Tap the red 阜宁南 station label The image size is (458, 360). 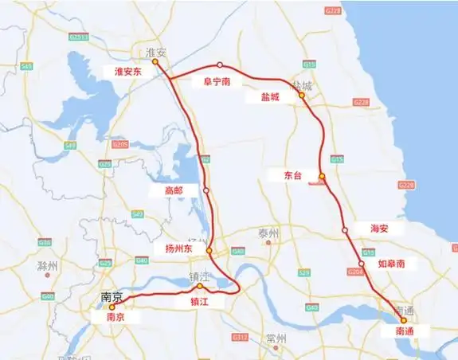click(x=217, y=80)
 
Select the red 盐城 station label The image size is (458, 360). click(x=271, y=96)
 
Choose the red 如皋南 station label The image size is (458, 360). click(x=391, y=262)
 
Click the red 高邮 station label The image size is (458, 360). click(x=174, y=190)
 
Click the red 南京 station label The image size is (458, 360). click(x=115, y=316)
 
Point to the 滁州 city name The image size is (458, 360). click(x=47, y=265)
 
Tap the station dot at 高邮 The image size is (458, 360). click(x=206, y=190)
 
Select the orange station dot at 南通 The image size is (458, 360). click(x=404, y=320)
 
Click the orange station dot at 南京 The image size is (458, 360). click(x=112, y=306)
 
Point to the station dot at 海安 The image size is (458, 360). click(x=345, y=230)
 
